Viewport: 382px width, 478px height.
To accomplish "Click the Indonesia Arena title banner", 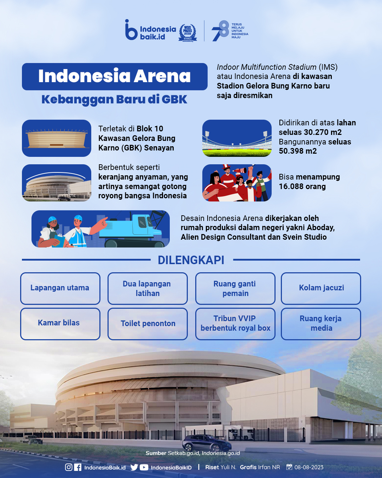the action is (x=115, y=76).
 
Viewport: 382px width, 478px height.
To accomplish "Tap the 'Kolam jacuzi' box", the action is (x=321, y=288).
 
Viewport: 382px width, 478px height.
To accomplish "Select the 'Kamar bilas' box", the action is (x=60, y=324).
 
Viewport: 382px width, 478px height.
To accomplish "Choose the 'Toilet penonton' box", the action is (x=147, y=324).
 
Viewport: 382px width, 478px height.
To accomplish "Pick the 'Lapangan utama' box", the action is (x=60, y=288).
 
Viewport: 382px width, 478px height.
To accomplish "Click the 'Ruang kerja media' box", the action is (x=321, y=324).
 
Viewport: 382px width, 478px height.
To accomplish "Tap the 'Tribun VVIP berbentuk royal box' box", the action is (x=235, y=324).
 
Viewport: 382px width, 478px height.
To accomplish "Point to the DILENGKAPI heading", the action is (x=191, y=260).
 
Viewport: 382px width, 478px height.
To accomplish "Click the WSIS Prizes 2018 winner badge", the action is (x=187, y=33).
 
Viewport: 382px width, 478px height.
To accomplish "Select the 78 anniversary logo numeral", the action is (x=220, y=31).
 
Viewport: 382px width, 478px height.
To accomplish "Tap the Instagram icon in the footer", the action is (x=69, y=467).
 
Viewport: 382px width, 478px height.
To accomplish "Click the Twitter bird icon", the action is (x=134, y=467).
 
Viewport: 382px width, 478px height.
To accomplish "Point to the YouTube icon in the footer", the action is (x=144, y=467).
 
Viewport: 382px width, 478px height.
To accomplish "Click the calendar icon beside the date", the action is (x=289, y=467).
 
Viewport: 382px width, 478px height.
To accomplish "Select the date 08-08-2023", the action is (x=309, y=467).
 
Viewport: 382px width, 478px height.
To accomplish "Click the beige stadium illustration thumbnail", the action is (x=57, y=138).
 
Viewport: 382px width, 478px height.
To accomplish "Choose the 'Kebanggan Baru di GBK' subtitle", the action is (x=114, y=99).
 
